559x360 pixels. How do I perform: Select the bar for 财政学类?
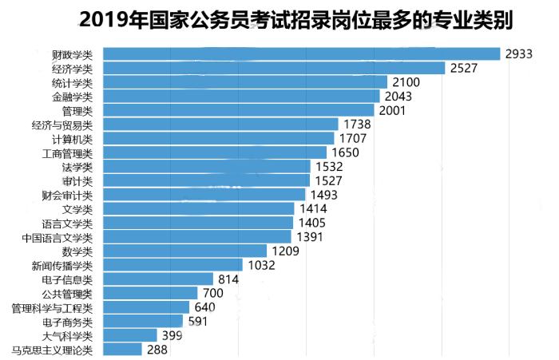[x=302, y=53]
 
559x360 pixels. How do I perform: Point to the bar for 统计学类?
[x=245, y=82]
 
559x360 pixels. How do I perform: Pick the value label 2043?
[x=398, y=97]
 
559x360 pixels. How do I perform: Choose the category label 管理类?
[x=77, y=110]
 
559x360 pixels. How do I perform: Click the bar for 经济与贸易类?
[x=221, y=125]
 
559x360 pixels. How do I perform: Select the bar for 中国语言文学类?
[x=198, y=237]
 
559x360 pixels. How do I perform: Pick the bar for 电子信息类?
[x=159, y=279]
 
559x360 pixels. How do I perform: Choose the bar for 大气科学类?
[x=130, y=335]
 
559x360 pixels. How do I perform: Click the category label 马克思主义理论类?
[x=52, y=350]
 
